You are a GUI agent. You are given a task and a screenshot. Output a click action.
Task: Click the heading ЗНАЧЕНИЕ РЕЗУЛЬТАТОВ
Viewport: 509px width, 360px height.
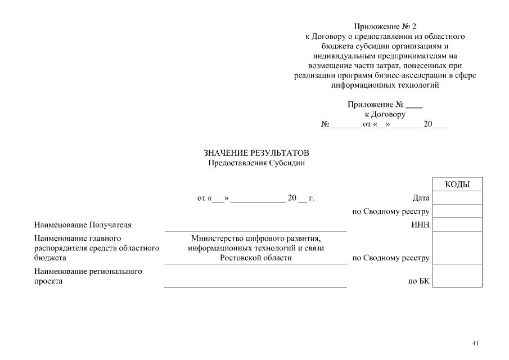[x=256, y=153]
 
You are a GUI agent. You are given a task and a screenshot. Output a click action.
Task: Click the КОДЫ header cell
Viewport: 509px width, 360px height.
[x=457, y=184]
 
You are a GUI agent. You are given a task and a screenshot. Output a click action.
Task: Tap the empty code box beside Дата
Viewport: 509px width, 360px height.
[x=457, y=198]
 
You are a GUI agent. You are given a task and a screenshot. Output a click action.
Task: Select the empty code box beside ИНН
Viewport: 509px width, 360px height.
[x=457, y=225]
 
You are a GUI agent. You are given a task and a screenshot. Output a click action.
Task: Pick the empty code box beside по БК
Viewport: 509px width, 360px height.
[x=457, y=276]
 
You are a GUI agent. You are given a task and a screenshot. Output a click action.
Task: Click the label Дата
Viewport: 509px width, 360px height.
[x=421, y=198]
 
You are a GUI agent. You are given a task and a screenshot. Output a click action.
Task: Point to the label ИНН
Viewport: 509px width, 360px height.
[x=421, y=225]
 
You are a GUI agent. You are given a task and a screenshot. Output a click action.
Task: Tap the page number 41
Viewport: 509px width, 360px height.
[x=476, y=343]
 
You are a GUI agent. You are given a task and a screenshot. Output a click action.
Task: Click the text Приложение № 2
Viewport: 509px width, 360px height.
[x=385, y=26]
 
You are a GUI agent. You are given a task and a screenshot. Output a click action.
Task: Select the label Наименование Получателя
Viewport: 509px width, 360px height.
[x=83, y=225]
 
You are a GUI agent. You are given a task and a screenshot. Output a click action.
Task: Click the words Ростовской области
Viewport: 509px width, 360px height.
[x=256, y=258]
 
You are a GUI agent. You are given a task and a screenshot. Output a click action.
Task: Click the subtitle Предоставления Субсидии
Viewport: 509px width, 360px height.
[x=256, y=163]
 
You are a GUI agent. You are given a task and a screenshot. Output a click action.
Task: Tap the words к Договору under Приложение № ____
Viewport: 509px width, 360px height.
[x=385, y=114]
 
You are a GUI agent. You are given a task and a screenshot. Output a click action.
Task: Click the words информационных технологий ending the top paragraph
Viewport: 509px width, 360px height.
[x=385, y=86]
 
